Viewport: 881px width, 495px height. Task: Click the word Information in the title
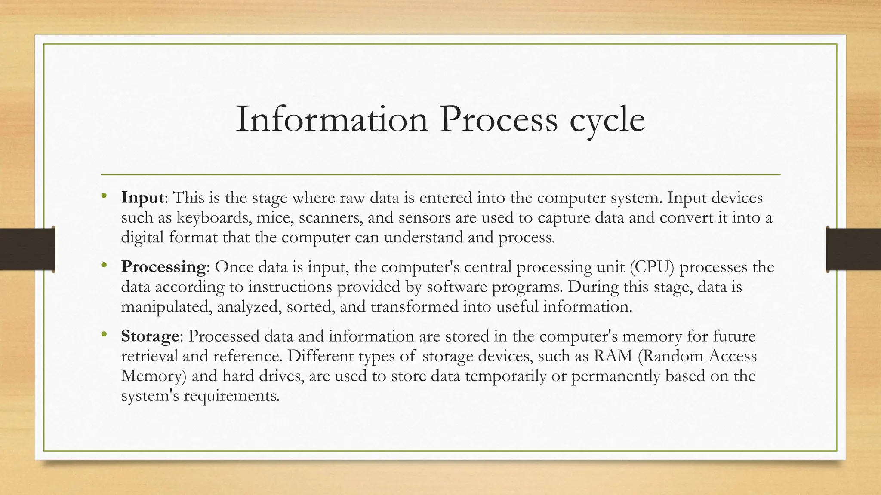coord(332,119)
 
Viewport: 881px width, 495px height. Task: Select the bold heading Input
coord(142,198)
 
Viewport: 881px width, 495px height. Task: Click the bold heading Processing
coord(163,267)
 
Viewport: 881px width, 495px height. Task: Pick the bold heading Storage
coord(150,336)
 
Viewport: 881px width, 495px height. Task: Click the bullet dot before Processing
coord(104,266)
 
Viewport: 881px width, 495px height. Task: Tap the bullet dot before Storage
coord(104,335)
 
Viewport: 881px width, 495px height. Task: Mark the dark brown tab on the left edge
coord(27,249)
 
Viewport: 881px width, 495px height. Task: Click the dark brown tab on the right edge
coord(853,249)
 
